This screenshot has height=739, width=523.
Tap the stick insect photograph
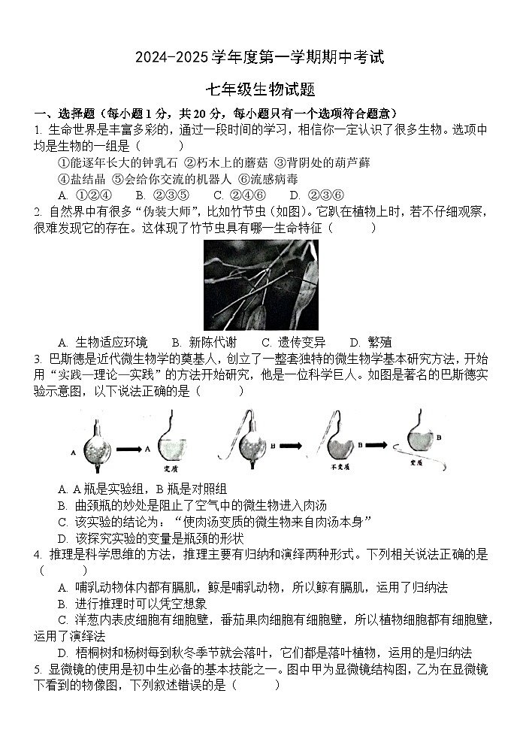click(x=261, y=285)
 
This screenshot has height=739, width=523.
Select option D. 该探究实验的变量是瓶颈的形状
click(x=150, y=538)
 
